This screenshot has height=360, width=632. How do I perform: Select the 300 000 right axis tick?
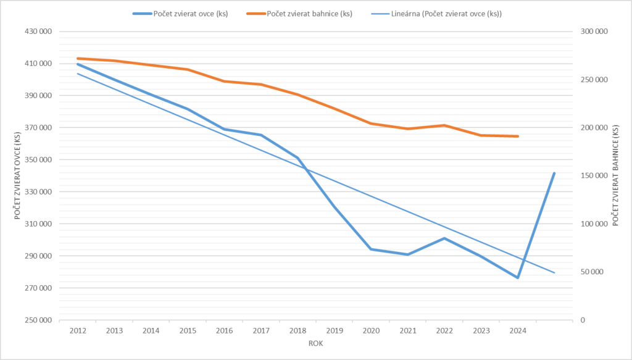click(594, 31)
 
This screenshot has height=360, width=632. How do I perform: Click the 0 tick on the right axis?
click(583, 320)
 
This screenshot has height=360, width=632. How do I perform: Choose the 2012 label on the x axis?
click(78, 331)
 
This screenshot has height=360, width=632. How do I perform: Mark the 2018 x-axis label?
click(297, 331)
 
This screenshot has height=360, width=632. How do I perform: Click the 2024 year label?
click(518, 331)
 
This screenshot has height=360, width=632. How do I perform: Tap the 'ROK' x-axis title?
click(315, 343)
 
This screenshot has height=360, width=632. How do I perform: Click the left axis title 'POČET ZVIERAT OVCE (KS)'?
click(18, 175)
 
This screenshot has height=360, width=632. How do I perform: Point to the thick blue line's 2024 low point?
click(518, 278)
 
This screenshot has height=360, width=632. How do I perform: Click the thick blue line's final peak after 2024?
click(554, 174)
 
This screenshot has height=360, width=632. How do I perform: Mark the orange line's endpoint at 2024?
click(518, 136)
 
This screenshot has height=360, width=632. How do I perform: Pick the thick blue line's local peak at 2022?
click(444, 238)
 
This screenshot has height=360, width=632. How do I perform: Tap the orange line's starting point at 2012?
click(78, 59)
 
